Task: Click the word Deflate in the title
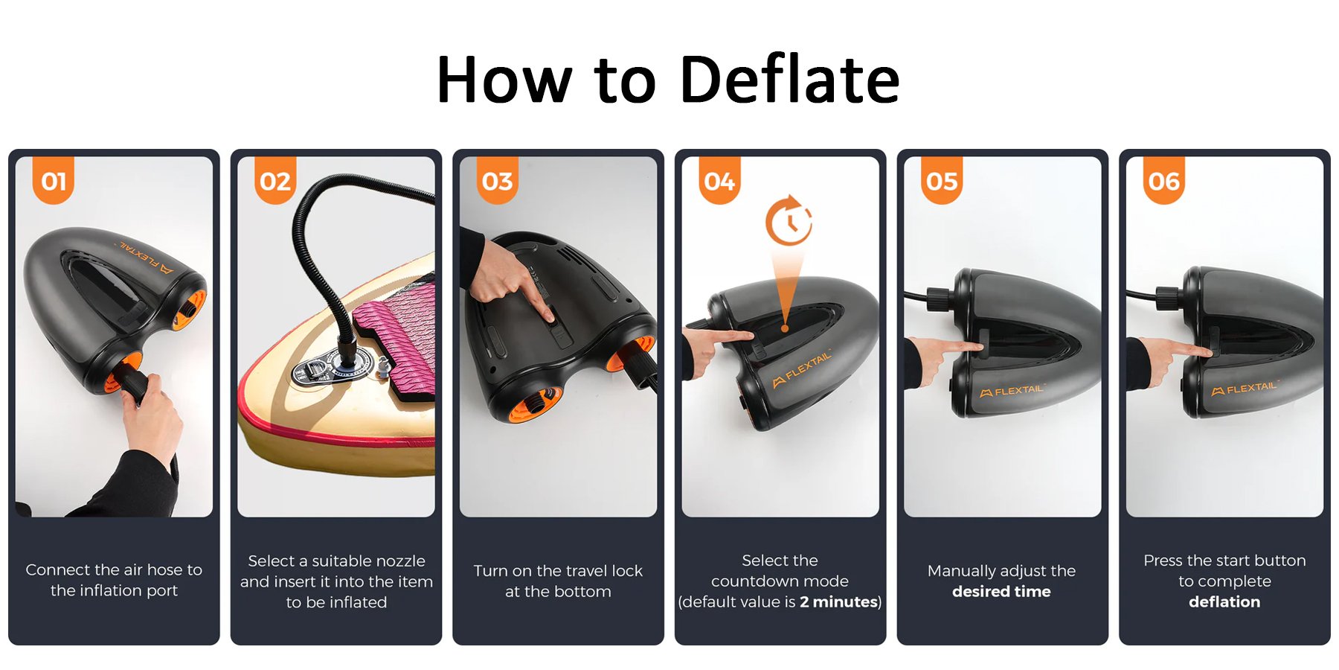(x=790, y=79)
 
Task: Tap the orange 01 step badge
(x=54, y=181)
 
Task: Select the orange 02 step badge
(x=275, y=181)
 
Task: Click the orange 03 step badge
(x=498, y=181)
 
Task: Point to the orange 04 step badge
(x=719, y=181)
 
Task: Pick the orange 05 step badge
(x=942, y=181)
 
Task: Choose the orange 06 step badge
(x=1164, y=181)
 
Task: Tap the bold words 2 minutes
(x=838, y=602)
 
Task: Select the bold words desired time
(x=1001, y=592)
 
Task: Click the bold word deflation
(x=1224, y=602)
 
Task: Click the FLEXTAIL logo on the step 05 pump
(x=1012, y=390)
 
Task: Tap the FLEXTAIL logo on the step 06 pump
(x=1244, y=388)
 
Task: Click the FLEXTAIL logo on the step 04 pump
(x=802, y=370)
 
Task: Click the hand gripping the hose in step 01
(x=152, y=417)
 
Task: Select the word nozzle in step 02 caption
(x=399, y=561)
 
